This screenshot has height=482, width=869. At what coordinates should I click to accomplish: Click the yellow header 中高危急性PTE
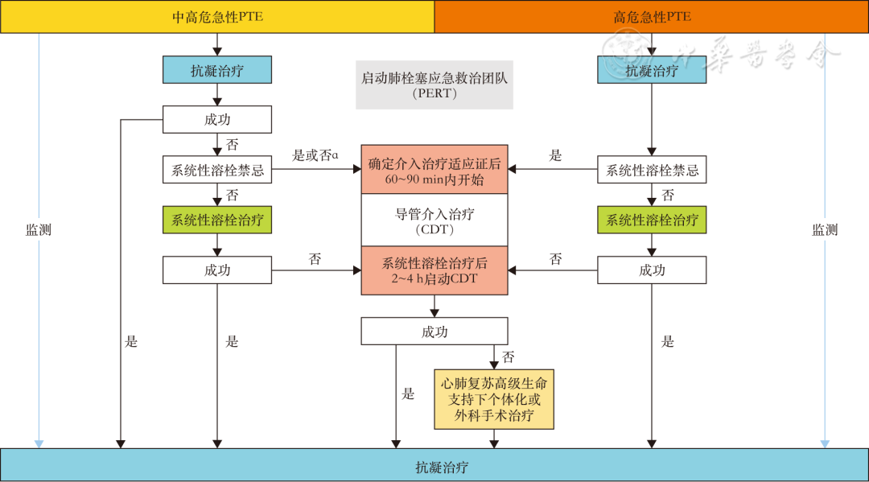coord(217,17)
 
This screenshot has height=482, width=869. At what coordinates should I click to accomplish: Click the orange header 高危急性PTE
coord(652,17)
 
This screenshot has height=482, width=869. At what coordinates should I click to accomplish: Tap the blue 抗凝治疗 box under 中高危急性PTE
coord(217,70)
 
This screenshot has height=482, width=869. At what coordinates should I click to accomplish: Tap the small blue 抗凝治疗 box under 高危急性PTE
coord(652,70)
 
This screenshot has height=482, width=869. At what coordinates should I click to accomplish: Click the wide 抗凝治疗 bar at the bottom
coord(434,466)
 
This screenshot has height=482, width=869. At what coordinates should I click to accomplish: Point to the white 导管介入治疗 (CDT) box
coord(434,222)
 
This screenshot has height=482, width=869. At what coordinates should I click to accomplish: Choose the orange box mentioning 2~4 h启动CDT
coord(434,270)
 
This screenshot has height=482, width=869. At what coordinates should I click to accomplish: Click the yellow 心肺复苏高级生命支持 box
coord(494,399)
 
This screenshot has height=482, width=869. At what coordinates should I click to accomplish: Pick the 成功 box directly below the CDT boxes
coord(434,332)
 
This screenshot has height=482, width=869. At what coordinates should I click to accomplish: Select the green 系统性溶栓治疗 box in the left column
coord(217,220)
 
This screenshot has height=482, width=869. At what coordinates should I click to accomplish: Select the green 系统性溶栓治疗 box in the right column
coord(652,220)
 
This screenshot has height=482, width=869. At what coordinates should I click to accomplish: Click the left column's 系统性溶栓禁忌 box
coord(217,171)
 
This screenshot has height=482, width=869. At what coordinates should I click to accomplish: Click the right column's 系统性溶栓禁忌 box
coord(652,171)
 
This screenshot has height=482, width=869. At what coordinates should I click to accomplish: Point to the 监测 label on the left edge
coord(39,229)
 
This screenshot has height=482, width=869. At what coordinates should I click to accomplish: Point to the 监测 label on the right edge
coord(825,229)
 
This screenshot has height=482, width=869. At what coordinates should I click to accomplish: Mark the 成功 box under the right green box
coord(652,270)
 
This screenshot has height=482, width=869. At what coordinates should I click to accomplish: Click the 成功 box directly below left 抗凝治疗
coord(217,120)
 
